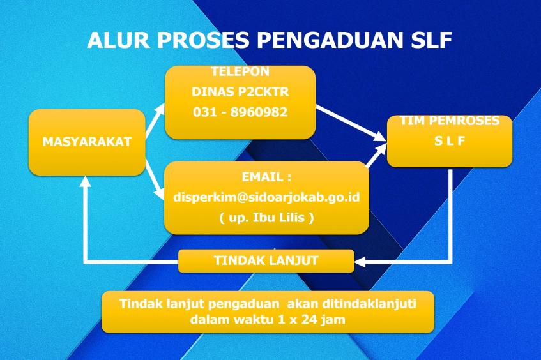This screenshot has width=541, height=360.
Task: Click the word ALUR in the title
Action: click(x=118, y=40)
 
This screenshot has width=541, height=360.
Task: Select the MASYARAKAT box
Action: click(x=87, y=142)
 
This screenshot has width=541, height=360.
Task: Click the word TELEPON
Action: click(x=240, y=71)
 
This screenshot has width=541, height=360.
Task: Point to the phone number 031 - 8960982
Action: click(x=240, y=112)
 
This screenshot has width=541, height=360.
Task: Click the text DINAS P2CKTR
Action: click(x=240, y=92)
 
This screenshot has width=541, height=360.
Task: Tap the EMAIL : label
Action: click(x=266, y=177)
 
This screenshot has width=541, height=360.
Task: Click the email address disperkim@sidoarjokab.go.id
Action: click(x=266, y=197)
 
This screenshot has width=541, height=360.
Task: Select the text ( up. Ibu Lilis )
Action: click(x=266, y=218)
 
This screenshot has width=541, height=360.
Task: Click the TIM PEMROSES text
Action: click(x=450, y=121)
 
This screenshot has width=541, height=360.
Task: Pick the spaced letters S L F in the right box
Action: click(x=450, y=140)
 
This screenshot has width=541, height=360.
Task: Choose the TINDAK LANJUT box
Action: click(x=266, y=260)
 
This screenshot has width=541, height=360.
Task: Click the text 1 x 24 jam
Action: click(x=311, y=319)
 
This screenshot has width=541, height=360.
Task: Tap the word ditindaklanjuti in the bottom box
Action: click(x=369, y=304)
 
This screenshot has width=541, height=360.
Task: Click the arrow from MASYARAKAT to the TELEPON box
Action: click(x=155, y=121)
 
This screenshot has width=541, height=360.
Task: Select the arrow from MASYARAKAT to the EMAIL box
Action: click(x=154, y=179)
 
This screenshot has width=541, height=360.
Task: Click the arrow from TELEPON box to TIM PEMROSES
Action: click(x=350, y=123)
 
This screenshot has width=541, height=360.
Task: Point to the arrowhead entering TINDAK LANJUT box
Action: click(x=360, y=262)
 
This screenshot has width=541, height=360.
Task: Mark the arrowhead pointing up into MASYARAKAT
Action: click(x=85, y=181)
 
